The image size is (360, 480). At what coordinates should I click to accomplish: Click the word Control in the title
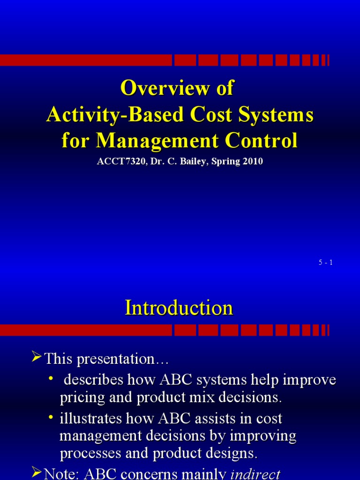261,141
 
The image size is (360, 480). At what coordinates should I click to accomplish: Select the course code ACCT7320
121,161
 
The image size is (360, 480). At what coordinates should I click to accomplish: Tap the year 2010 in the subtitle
253,161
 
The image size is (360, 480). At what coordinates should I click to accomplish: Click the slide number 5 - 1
326,262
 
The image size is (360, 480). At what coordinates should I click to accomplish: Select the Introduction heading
179,307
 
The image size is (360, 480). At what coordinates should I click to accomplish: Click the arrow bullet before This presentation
37,357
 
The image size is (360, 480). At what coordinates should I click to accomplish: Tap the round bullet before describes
51,379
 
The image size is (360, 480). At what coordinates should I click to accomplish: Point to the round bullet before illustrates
51,417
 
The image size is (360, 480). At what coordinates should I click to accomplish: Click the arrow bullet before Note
37,472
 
